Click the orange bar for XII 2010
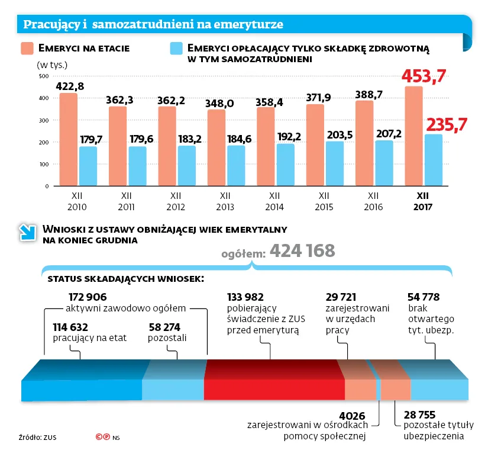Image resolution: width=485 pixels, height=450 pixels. pyautogui.click(x=69, y=140)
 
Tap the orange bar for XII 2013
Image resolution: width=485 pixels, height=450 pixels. pyautogui.click(x=216, y=148)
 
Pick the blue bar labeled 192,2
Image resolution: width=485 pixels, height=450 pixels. pyautogui.click(x=286, y=165)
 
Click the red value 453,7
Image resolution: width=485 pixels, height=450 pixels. pyautogui.click(x=423, y=76)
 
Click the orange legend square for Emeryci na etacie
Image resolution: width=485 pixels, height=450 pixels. pyautogui.click(x=27, y=48)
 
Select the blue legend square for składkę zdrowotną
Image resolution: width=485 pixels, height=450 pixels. pyautogui.click(x=176, y=48)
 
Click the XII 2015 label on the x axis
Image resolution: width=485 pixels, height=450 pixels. pyautogui.click(x=324, y=201)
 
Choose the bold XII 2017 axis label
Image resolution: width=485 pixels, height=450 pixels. pyautogui.click(x=423, y=201)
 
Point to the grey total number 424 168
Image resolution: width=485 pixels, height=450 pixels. pyautogui.click(x=302, y=251)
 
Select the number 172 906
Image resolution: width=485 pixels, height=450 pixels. pyautogui.click(x=88, y=297)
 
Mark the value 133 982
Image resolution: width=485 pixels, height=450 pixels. pyautogui.click(x=245, y=297)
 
